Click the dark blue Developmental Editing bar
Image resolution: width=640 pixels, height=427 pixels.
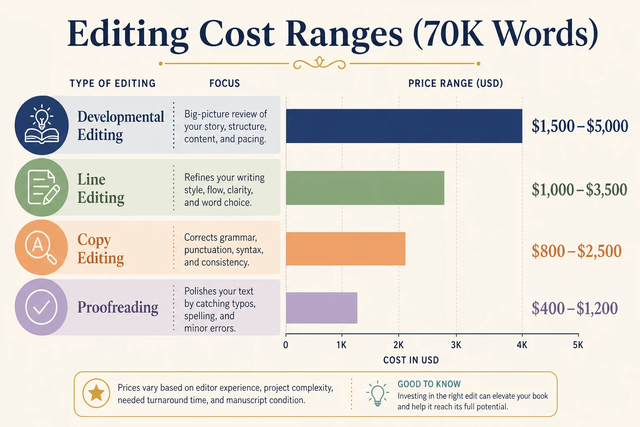[x=404, y=126]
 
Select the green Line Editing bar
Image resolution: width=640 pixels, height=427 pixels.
[x=365, y=188]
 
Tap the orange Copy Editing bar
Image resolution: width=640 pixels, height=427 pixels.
[x=346, y=249]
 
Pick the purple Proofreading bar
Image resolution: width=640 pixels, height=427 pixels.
[x=322, y=308]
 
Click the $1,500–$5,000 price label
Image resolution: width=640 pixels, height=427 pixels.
[x=580, y=126]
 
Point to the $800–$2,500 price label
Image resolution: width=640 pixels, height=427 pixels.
[x=577, y=251]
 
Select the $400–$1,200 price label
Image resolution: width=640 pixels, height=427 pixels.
[x=575, y=308]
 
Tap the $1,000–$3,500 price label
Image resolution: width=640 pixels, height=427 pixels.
[x=580, y=190]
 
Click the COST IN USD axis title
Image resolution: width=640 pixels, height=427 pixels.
[x=411, y=360]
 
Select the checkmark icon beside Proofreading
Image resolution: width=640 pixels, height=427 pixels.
[x=41, y=307]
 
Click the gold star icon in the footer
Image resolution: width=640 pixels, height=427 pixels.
[x=96, y=393]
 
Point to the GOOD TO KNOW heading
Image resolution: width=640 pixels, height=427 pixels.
[x=429, y=384]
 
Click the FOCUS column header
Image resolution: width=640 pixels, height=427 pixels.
[x=225, y=83]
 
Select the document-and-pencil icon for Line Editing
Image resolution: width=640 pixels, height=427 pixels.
[x=43, y=187]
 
